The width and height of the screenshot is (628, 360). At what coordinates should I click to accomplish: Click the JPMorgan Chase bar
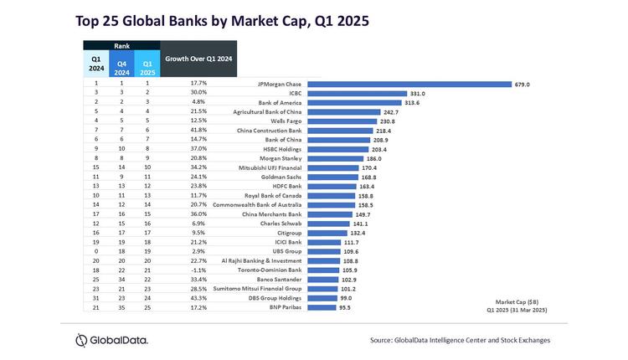(409, 84)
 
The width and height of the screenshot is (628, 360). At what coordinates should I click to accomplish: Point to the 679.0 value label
(522, 84)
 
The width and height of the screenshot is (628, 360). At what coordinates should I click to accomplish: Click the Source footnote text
(460, 340)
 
